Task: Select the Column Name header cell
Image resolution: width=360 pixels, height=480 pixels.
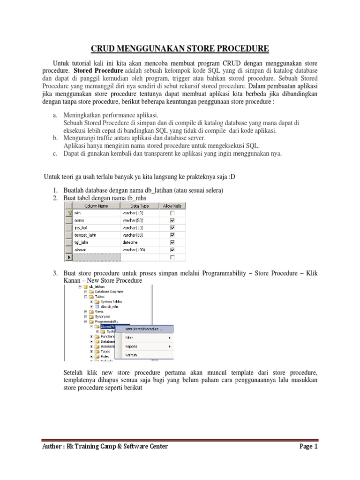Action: coord(96,205)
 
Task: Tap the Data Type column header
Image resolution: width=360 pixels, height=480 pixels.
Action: coord(139,205)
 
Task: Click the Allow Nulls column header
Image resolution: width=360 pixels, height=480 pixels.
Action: coord(172,205)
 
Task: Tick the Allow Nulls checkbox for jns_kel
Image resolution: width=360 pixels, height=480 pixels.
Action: coord(172,227)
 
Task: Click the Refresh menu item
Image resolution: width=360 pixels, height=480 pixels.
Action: coord(131,355)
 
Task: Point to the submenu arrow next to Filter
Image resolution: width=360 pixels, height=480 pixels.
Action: coord(169,337)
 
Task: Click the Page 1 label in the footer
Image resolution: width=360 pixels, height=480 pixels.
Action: coord(308,446)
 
